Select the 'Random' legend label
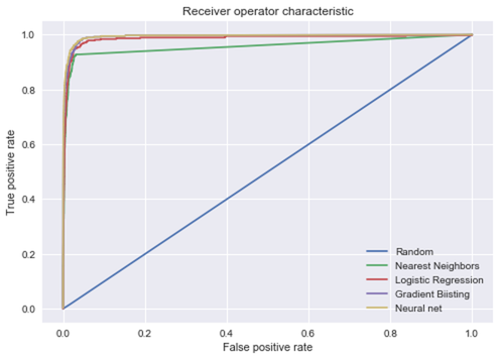[x=414, y=252]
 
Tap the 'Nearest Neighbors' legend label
[x=437, y=266]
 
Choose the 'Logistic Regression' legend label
[x=439, y=280]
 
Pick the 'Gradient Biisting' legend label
[x=432, y=294]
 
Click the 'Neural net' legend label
[x=418, y=308]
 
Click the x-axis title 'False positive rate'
[x=268, y=347]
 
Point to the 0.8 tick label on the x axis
[x=390, y=332]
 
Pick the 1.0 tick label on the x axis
[x=472, y=332]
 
